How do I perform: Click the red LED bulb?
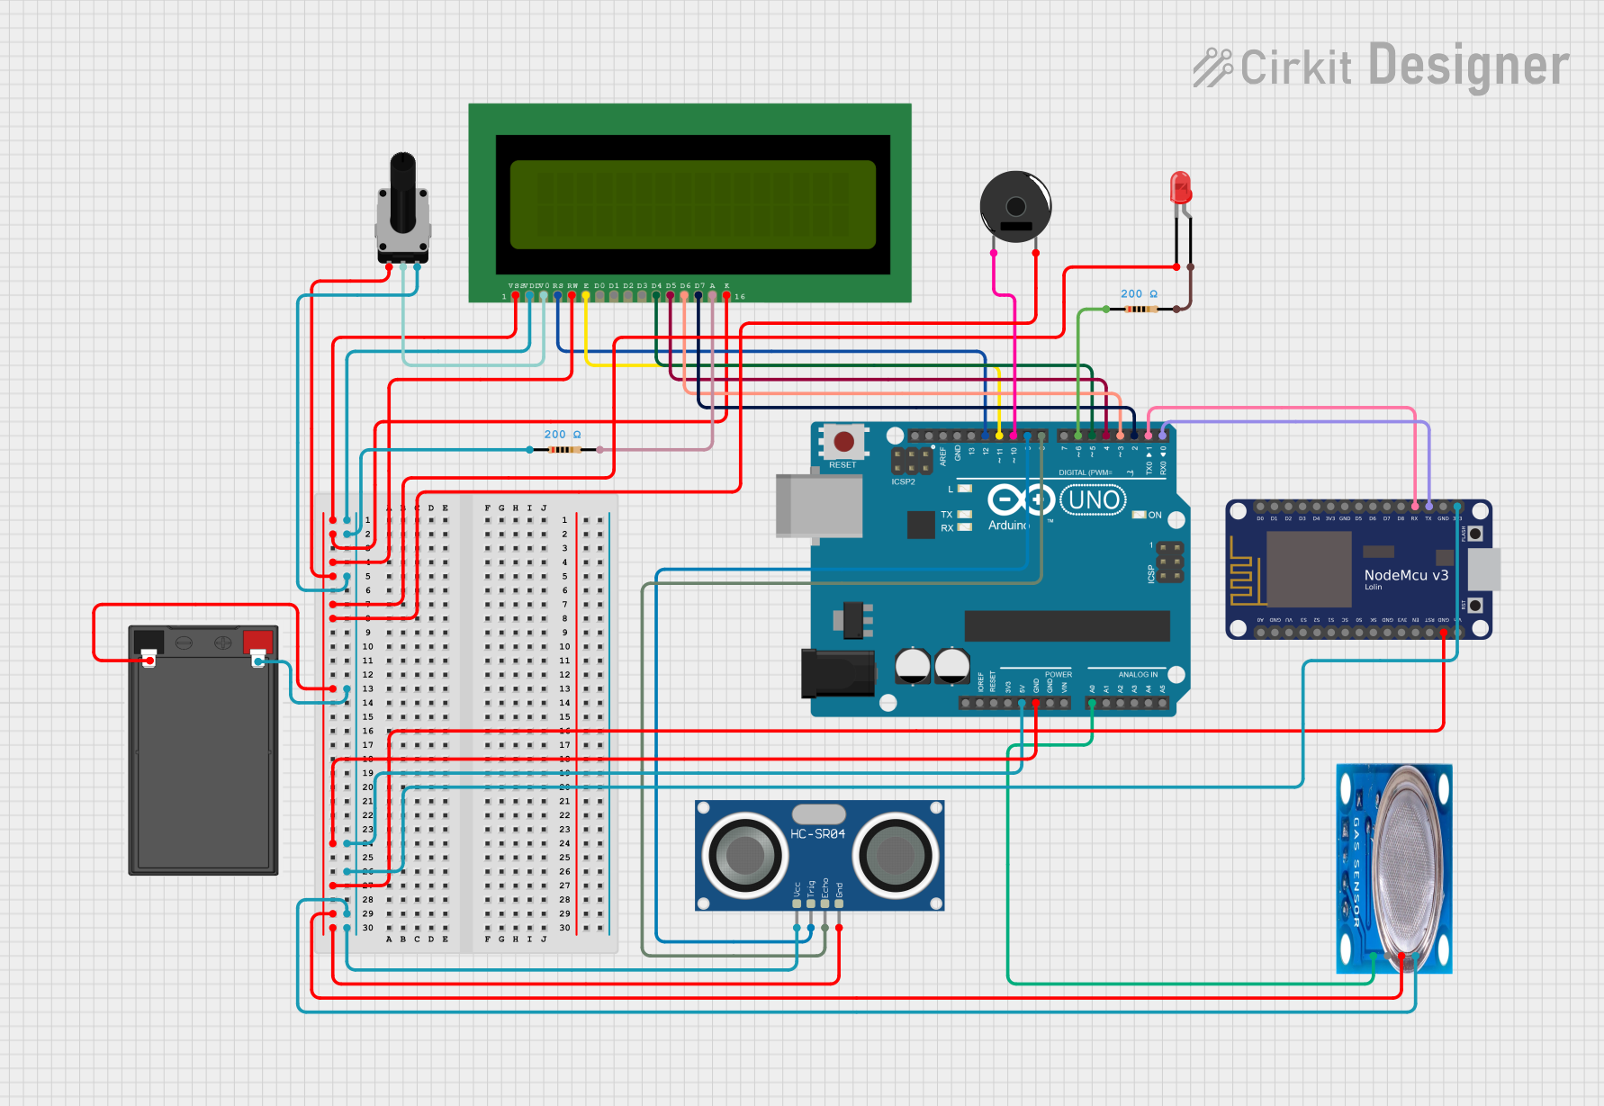pyautogui.click(x=1180, y=187)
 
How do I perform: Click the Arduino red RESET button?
pyautogui.click(x=843, y=442)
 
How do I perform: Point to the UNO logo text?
pyautogui.click(x=1094, y=500)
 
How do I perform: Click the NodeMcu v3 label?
pyautogui.click(x=1406, y=575)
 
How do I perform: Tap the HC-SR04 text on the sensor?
pyautogui.click(x=817, y=834)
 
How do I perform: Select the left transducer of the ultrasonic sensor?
pyautogui.click(x=745, y=854)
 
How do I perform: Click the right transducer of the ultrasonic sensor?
pyautogui.click(x=896, y=854)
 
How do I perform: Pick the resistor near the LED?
pyautogui.click(x=1140, y=309)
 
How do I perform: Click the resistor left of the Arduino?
pyautogui.click(x=564, y=449)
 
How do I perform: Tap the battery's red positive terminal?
pyautogui.click(x=257, y=642)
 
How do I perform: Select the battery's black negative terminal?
pyautogui.click(x=148, y=642)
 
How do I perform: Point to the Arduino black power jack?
pyautogui.click(x=837, y=673)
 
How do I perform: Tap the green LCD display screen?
pyautogui.click(x=692, y=204)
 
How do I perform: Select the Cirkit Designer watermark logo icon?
pyautogui.click(x=1212, y=67)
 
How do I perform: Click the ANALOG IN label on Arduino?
pyautogui.click(x=1138, y=674)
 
